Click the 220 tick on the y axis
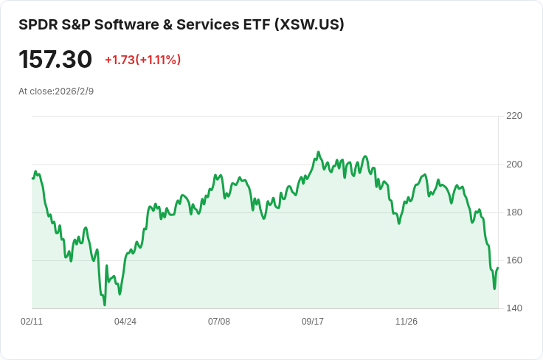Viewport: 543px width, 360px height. click(514, 116)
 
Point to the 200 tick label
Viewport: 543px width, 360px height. click(514, 164)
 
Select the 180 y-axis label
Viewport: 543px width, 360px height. click(514, 212)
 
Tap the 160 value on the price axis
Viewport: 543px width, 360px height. click(514, 260)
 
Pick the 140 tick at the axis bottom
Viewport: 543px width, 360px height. click(514, 308)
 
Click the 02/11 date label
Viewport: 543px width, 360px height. click(32, 322)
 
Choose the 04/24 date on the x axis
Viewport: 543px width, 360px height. click(125, 322)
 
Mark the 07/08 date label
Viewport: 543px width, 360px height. click(219, 322)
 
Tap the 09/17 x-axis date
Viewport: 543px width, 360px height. click(313, 322)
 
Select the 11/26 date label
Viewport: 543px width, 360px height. click(407, 322)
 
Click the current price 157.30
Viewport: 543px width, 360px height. click(55, 60)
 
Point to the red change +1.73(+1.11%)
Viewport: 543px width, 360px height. click(142, 60)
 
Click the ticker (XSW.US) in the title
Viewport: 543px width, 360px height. click(309, 24)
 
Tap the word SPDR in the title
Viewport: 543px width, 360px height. click(35, 24)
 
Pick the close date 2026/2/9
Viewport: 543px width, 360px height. click(75, 91)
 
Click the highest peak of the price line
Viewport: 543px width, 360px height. click(318, 152)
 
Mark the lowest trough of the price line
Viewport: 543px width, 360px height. click(105, 304)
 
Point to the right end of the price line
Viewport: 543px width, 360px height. click(498, 268)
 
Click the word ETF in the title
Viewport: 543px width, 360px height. click(257, 24)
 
